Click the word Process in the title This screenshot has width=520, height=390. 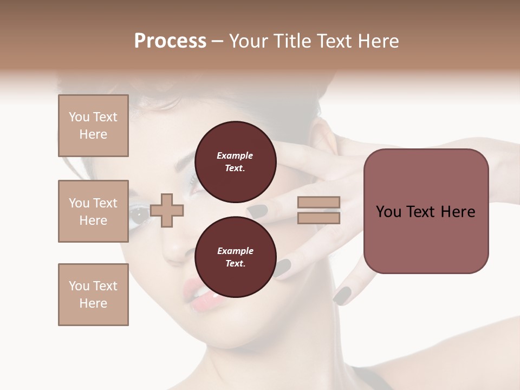click(170, 41)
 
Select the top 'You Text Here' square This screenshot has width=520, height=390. click(93, 126)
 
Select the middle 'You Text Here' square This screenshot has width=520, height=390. click(93, 211)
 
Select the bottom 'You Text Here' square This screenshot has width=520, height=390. click(93, 295)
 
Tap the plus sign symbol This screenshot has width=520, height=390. click(167, 210)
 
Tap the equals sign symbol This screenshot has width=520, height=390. click(318, 210)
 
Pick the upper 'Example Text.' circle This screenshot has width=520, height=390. click(235, 162)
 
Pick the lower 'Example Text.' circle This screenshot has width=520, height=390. click(235, 257)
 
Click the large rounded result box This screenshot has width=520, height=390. click(426, 211)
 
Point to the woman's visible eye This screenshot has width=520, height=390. click(139, 215)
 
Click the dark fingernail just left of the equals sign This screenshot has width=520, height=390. click(257, 210)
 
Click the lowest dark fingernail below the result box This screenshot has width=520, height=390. click(342, 295)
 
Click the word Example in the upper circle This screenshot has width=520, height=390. click(235, 155)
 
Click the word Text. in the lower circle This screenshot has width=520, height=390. click(235, 264)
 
